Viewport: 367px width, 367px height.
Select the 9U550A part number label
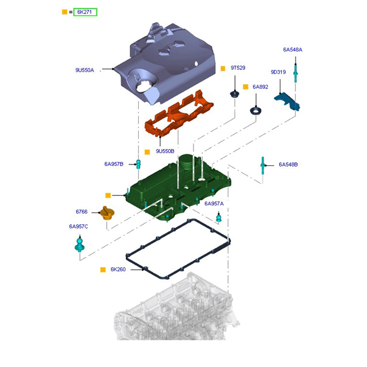[84, 70]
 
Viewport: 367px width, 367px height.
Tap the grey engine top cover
[165, 64]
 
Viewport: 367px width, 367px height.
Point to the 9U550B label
[165, 151]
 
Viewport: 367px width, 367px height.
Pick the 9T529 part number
[238, 68]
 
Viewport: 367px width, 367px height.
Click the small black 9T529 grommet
[235, 95]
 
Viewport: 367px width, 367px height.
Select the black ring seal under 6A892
[256, 111]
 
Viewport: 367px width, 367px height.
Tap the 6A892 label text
[260, 87]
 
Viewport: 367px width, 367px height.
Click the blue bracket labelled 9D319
[288, 102]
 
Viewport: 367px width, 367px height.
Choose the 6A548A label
[293, 49]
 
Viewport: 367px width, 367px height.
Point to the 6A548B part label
[288, 164]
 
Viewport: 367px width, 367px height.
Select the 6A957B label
[114, 164]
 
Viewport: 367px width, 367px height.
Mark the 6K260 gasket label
[118, 270]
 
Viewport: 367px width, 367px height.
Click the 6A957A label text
[214, 203]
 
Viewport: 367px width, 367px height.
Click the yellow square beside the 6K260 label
[103, 270]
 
